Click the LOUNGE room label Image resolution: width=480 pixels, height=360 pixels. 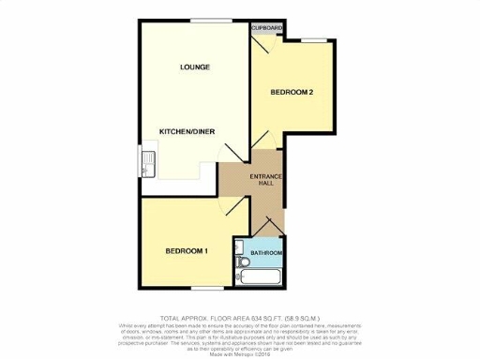tap(195, 67)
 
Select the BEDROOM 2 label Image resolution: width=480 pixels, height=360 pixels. tap(292, 92)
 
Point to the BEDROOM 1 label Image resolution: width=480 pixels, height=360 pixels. tap(187, 250)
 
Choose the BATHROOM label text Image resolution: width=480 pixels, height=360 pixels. tap(266, 253)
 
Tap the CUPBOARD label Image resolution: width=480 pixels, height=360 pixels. tap(267, 28)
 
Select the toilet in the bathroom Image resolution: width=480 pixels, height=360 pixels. tap(242, 269)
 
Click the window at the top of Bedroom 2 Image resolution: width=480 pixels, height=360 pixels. tap(312, 39)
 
